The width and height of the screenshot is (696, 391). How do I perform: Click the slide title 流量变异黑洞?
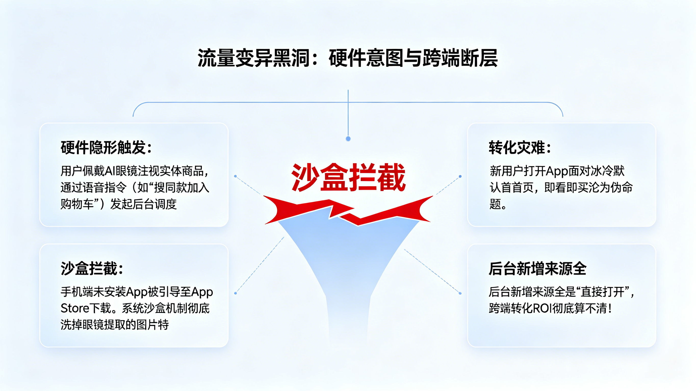pyautogui.click(x=253, y=58)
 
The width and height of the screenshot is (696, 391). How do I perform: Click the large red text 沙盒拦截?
pyautogui.click(x=348, y=178)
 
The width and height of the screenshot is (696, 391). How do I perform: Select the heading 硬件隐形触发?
pyautogui.click(x=106, y=148)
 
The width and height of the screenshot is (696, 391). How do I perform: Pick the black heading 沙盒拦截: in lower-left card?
pyautogui.click(x=92, y=268)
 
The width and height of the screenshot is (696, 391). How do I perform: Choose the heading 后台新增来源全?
pyautogui.click(x=537, y=268)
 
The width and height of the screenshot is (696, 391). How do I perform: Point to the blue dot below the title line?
pyautogui.click(x=348, y=139)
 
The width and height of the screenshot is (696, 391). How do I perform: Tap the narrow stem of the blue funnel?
pyautogui.click(x=348, y=319)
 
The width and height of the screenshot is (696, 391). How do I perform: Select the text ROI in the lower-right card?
pyautogui.click(x=542, y=308)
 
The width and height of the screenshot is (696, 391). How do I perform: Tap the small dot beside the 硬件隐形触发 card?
pyautogui.click(x=235, y=176)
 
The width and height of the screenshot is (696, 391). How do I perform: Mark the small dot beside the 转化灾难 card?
pyautogui.click(x=460, y=176)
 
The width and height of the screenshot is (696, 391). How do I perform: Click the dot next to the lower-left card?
pyautogui.click(x=235, y=293)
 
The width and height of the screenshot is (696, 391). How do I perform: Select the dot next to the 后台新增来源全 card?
pyautogui.click(x=460, y=293)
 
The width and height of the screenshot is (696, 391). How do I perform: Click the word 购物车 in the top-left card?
pyautogui.click(x=77, y=204)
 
